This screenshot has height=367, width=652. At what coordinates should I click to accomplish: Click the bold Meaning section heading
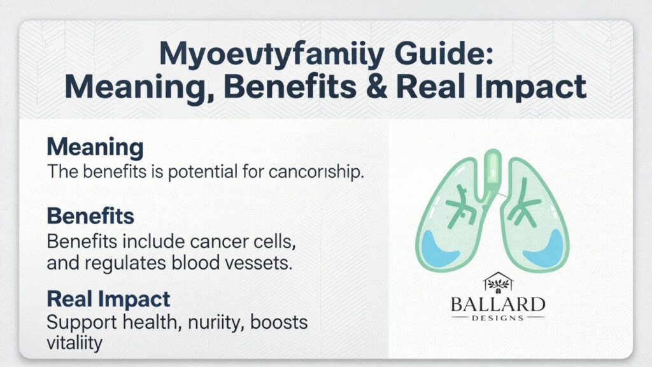pyautogui.click(x=95, y=148)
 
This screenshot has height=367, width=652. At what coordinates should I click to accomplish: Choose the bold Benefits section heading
pyautogui.click(x=90, y=216)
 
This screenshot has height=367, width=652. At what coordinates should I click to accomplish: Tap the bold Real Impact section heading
pyautogui.click(x=108, y=299)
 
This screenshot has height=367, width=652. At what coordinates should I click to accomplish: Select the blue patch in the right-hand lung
pyautogui.click(x=546, y=246)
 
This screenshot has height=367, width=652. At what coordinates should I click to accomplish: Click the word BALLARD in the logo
pyautogui.click(x=497, y=303)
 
